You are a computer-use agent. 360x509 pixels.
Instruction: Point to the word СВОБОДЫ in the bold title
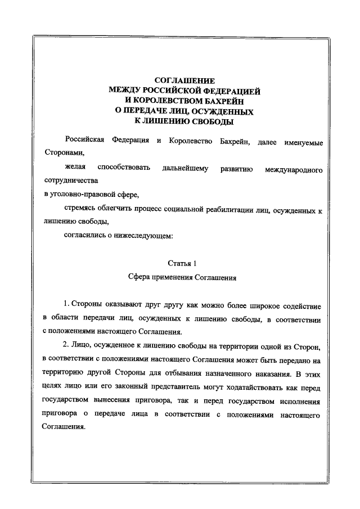pos(209,121)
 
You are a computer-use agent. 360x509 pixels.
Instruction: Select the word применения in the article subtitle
pos(169,277)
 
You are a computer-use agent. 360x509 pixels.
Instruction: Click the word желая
pos(74,168)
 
